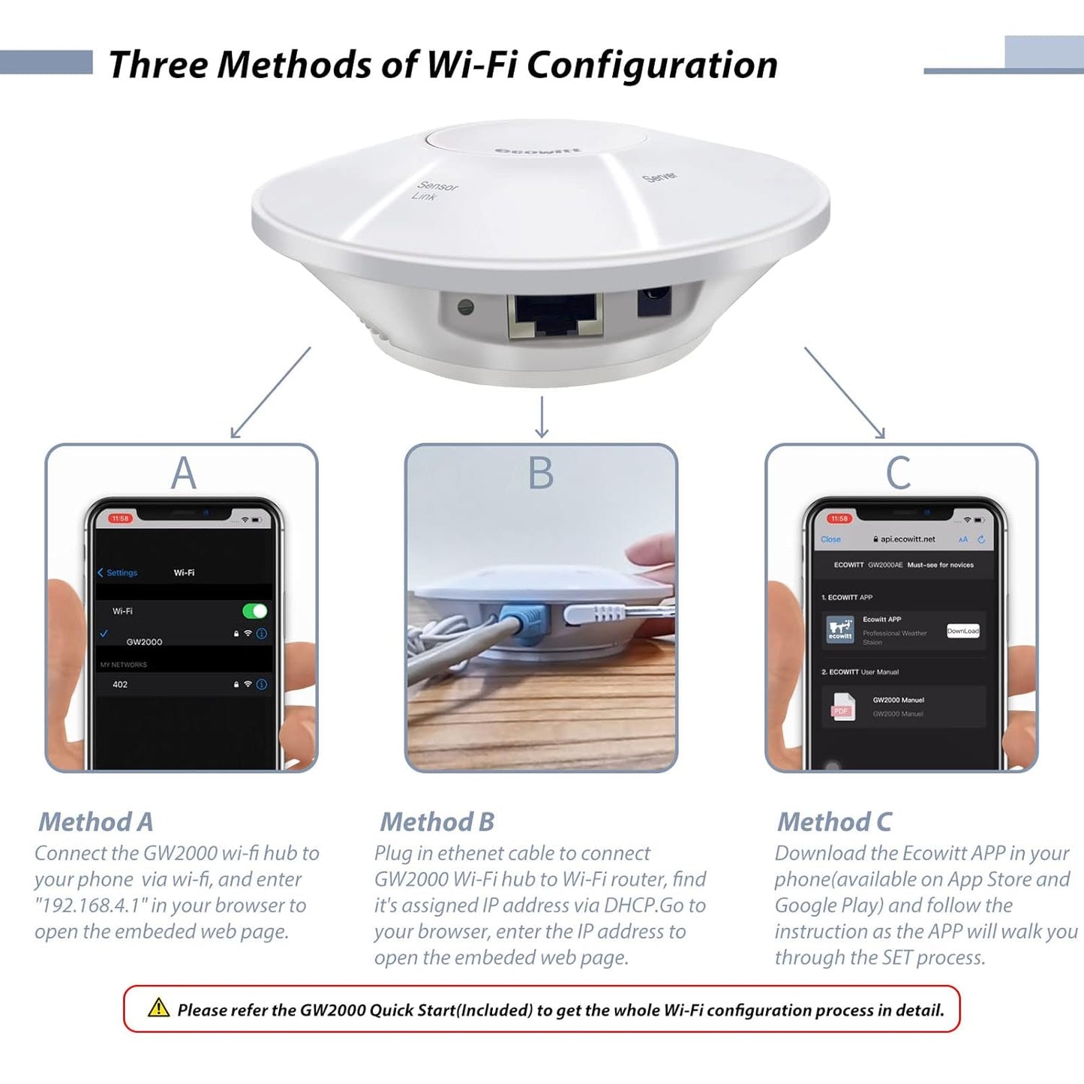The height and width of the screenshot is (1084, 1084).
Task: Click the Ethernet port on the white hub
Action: (x=555, y=315)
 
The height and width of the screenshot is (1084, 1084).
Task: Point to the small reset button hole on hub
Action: (x=466, y=307)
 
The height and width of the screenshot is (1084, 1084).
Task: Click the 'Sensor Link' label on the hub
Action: (x=434, y=191)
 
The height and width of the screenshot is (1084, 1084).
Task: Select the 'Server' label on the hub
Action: (x=660, y=177)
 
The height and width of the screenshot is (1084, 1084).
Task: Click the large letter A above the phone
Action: (x=183, y=474)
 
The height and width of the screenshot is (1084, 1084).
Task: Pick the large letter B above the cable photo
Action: (x=541, y=474)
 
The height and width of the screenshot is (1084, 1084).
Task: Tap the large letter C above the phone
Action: (x=898, y=474)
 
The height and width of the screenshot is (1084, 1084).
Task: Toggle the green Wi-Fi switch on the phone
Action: (x=255, y=611)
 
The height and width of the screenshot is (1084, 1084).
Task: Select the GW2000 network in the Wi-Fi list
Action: (x=144, y=641)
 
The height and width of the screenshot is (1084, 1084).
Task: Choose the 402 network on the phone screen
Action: (x=120, y=684)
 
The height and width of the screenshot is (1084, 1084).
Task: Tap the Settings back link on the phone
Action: (x=118, y=572)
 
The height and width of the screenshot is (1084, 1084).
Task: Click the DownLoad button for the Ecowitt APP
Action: (x=962, y=631)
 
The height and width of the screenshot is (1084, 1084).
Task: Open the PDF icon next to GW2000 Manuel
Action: (x=842, y=707)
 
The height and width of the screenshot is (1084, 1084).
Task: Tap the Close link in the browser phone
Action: (x=830, y=539)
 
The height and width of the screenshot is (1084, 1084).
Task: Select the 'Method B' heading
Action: (x=437, y=822)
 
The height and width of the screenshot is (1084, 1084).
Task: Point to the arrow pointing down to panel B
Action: (x=542, y=417)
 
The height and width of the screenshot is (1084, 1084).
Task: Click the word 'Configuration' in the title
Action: (x=652, y=65)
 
